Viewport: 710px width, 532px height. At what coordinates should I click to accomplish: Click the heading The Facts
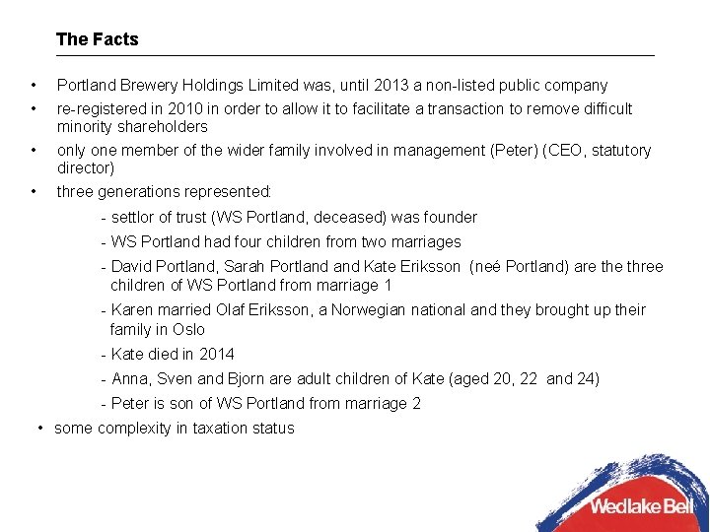98,39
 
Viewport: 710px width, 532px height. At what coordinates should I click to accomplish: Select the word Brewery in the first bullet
149,86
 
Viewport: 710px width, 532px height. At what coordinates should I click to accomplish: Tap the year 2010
214,108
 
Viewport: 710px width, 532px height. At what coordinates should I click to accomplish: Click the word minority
85,126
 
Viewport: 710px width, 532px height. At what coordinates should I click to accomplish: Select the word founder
451,217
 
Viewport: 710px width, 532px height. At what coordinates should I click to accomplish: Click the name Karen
134,309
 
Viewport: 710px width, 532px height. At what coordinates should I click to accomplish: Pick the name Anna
131,378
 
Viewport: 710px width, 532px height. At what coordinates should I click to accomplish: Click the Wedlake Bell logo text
641,506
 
